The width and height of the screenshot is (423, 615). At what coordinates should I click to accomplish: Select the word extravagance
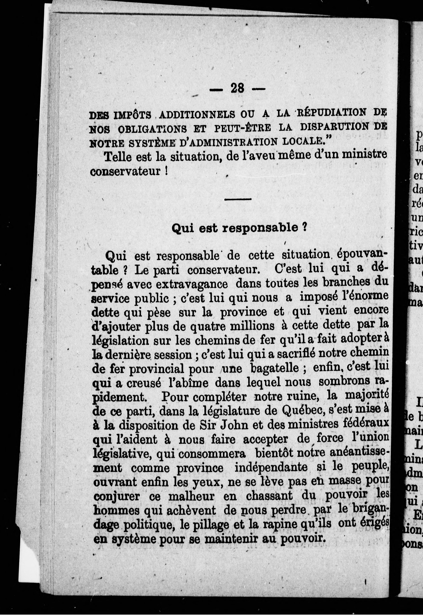191,285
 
